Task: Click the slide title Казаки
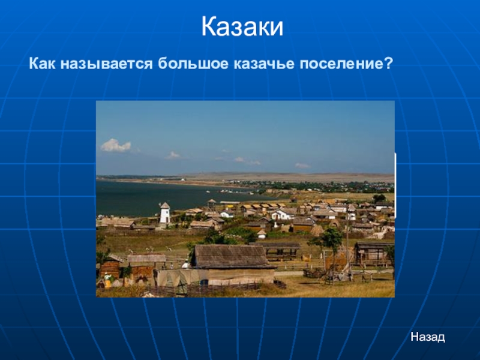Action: (x=241, y=28)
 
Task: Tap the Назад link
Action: (x=427, y=337)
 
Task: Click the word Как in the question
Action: (x=43, y=62)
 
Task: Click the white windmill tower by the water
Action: (x=164, y=212)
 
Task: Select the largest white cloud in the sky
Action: (x=115, y=145)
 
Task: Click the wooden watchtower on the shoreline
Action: (x=211, y=205)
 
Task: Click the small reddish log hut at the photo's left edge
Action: (x=110, y=268)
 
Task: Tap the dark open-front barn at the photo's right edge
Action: (x=371, y=253)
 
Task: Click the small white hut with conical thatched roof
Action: (x=262, y=233)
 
